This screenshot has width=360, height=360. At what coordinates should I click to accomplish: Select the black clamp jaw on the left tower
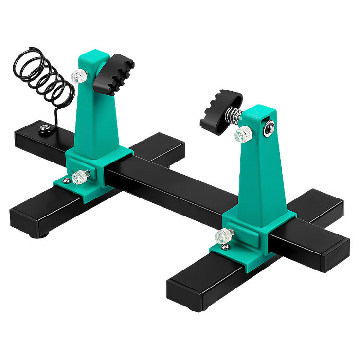pyautogui.click(x=113, y=74)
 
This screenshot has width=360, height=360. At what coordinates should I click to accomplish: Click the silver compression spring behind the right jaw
pyautogui.click(x=234, y=116)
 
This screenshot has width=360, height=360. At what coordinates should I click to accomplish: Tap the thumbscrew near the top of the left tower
pyautogui.click(x=79, y=76)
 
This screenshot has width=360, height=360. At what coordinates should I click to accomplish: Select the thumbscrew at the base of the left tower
pyautogui.click(x=80, y=177)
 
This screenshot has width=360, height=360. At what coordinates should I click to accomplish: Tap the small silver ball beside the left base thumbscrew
pyautogui.click(x=66, y=181)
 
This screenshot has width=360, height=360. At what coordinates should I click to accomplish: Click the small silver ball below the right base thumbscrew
pyautogui.click(x=225, y=247)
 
